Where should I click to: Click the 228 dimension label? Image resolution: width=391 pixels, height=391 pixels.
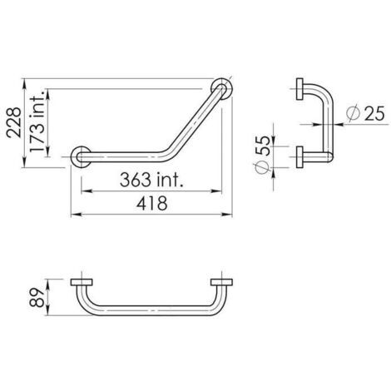(14, 122)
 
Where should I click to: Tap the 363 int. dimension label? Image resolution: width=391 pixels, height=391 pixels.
(151, 180)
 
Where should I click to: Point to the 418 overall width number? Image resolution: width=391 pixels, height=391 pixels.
(152, 203)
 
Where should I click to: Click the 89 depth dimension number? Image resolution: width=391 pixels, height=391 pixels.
(37, 298)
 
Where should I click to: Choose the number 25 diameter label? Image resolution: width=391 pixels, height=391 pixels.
(374, 113)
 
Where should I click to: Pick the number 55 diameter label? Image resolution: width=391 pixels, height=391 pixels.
(262, 146)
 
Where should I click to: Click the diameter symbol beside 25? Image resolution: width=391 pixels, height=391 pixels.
(354, 113)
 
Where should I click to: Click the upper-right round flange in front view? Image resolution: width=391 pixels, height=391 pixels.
(222, 89)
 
